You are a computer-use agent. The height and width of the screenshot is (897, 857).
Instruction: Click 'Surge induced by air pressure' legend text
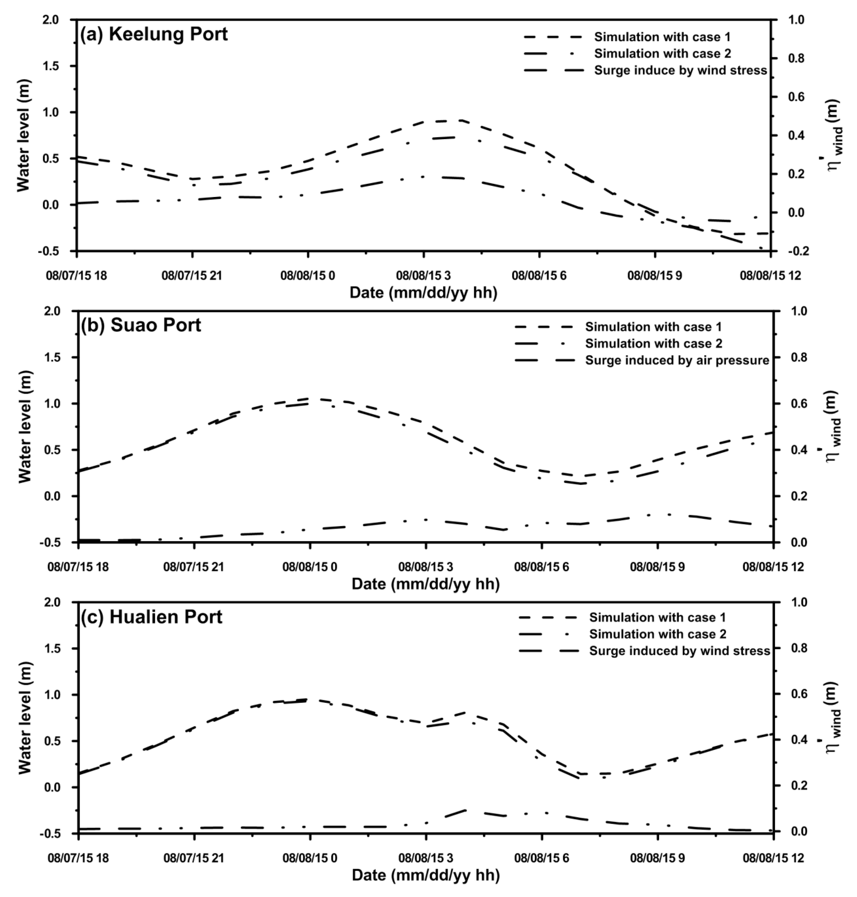(677, 361)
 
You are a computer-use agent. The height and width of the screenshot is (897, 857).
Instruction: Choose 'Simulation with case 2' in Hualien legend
(657, 634)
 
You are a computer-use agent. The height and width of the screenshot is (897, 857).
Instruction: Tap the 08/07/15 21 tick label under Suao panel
(194, 567)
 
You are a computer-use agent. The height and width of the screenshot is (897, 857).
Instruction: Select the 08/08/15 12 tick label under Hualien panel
(772, 858)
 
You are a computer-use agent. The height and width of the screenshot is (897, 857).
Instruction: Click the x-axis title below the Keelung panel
(423, 293)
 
